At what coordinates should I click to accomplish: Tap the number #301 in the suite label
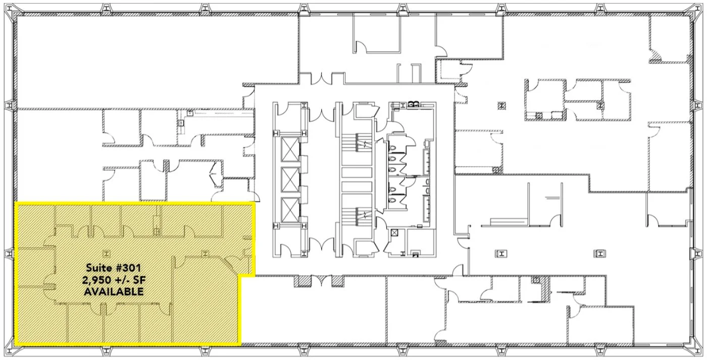[x=127, y=268]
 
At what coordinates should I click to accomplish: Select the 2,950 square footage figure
[x=97, y=280]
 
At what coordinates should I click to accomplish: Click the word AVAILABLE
[x=114, y=291]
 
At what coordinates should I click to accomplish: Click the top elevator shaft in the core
[x=290, y=149]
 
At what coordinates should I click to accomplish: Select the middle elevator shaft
[x=290, y=180]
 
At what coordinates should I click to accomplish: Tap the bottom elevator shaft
[x=290, y=210]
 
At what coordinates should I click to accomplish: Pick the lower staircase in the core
[x=357, y=216]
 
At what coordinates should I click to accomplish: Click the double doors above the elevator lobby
[x=322, y=114]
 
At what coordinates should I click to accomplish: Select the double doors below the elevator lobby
[x=322, y=244]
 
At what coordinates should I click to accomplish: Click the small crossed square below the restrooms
[x=394, y=233]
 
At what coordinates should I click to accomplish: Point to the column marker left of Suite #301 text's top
[x=107, y=253]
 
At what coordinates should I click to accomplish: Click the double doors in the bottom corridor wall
[x=321, y=281]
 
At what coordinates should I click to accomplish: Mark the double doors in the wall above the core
[x=321, y=78]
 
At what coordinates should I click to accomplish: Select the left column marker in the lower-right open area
[x=501, y=253]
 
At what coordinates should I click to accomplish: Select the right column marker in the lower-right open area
[x=600, y=253]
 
